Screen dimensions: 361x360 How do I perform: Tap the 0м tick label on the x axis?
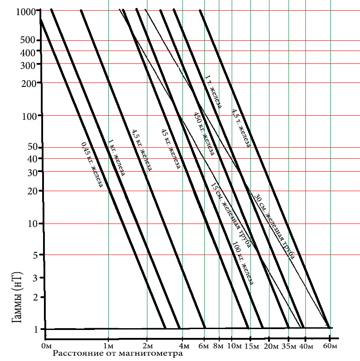47,346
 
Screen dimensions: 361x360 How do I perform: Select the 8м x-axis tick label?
218,346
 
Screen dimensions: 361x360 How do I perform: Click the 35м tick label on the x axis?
289,346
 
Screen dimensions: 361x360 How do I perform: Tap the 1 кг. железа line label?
116,157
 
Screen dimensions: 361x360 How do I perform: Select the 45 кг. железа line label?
170,149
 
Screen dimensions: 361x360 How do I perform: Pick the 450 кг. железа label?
204,133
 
